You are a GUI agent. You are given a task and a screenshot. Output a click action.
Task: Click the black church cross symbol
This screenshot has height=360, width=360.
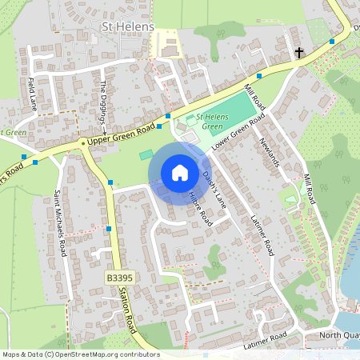pyautogui.click(x=299, y=54)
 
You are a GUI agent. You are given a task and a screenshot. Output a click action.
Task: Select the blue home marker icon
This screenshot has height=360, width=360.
pyautogui.click(x=179, y=173)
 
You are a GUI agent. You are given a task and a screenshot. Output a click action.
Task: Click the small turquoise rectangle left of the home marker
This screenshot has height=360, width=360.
pyautogui.click(x=146, y=154)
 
